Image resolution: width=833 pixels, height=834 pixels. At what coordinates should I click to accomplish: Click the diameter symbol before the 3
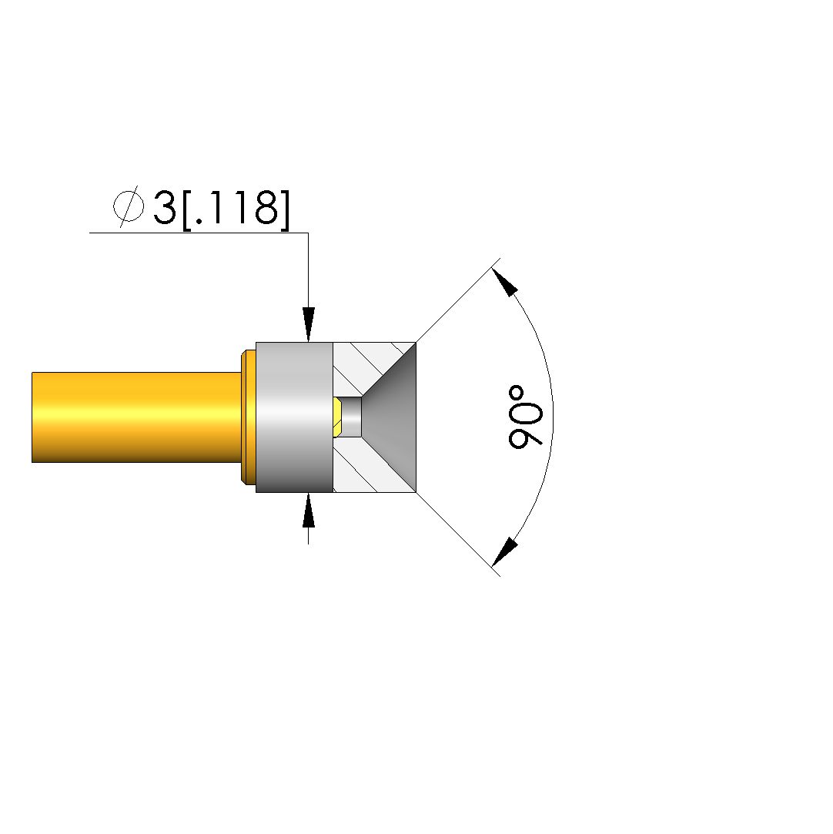(129, 207)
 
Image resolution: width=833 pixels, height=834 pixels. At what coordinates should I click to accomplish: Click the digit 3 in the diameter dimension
(164, 207)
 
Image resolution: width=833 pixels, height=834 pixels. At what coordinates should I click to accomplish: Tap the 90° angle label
(525, 417)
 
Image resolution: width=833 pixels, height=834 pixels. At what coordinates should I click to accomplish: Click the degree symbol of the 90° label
(516, 394)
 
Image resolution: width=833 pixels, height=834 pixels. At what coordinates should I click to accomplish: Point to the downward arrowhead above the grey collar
(308, 324)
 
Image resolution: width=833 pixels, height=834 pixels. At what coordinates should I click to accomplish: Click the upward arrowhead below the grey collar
(308, 510)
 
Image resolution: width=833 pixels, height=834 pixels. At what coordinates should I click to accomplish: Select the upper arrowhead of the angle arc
(504, 282)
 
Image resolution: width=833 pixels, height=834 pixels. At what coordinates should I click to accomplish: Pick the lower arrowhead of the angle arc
(504, 552)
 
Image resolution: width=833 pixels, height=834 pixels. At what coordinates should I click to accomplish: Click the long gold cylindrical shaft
(136, 417)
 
